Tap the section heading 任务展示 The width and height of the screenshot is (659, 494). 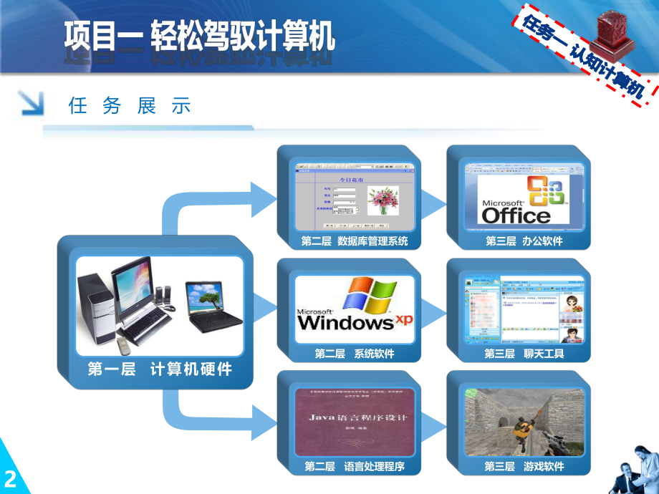pos(130,107)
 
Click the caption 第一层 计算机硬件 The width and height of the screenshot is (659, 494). pos(160,369)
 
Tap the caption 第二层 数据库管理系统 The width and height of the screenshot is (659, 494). pos(355,241)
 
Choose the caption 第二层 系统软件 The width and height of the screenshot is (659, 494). pos(355,354)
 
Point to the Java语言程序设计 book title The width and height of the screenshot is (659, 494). pos(355,417)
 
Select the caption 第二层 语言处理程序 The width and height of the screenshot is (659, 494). pos(355,466)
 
